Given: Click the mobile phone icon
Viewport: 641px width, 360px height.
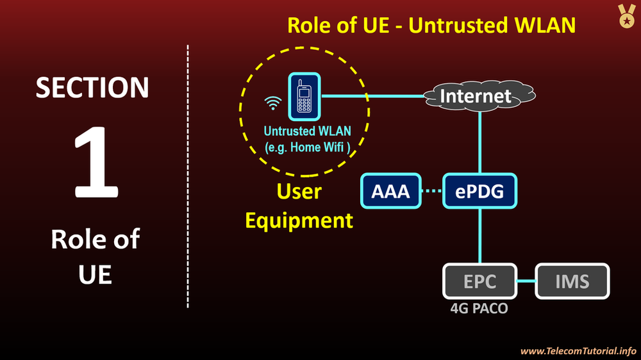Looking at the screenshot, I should tap(304, 98).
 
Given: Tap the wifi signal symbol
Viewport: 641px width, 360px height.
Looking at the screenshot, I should tap(274, 102).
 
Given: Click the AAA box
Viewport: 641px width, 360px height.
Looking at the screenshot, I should tap(391, 191).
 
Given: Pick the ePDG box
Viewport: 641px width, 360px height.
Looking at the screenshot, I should tap(480, 191).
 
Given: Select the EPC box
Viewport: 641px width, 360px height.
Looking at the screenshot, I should tap(479, 281).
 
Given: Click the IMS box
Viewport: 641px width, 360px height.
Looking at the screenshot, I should tap(572, 281).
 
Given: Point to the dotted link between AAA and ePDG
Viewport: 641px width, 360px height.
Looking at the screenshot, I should tap(433, 191).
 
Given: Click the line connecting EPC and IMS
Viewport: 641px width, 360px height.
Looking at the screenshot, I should tap(526, 281).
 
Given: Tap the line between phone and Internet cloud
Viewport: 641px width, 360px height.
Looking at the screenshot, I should tap(372, 97).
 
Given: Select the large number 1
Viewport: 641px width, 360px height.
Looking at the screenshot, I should tap(96, 164).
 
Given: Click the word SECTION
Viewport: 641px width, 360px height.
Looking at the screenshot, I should tap(92, 88).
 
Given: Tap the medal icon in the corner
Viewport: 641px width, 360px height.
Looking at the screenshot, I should tap(626, 16).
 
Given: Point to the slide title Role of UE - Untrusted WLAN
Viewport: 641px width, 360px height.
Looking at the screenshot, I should tap(431, 25).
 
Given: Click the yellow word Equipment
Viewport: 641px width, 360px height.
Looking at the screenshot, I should tap(299, 220).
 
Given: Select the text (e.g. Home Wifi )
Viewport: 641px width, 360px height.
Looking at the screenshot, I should tap(308, 147).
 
